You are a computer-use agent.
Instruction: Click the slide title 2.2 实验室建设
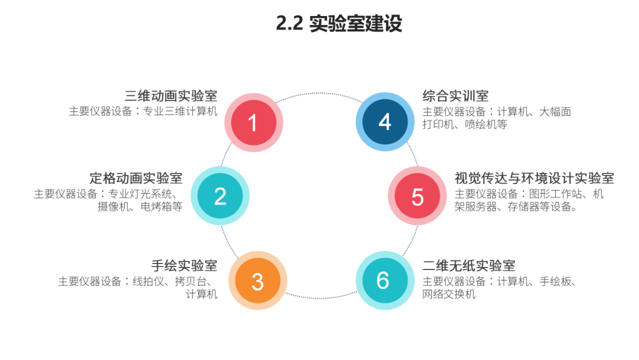click(x=339, y=24)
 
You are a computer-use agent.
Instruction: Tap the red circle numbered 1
click(x=253, y=123)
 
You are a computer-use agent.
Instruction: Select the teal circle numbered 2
click(x=220, y=196)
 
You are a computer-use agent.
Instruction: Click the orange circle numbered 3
click(x=257, y=281)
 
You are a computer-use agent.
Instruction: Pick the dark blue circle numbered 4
click(x=385, y=122)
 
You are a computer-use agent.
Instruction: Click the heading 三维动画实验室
click(x=171, y=96)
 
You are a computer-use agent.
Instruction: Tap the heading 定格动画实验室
click(x=136, y=178)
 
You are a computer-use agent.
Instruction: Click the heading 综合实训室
click(x=456, y=96)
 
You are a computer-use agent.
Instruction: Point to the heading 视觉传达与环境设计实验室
click(x=534, y=178)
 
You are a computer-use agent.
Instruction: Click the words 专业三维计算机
click(x=180, y=111)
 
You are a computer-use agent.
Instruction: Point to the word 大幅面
click(x=555, y=111)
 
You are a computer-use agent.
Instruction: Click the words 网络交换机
click(x=449, y=294)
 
